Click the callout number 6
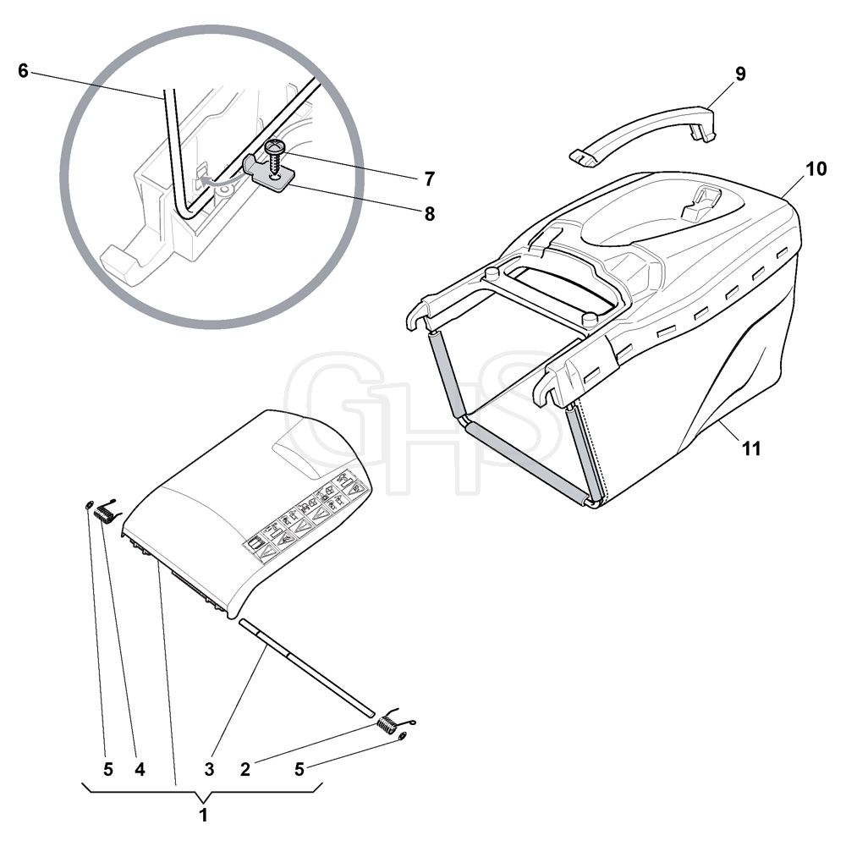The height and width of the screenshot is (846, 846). tap(23, 71)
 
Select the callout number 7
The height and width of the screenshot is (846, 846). tap(429, 179)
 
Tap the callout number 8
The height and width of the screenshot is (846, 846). tap(430, 214)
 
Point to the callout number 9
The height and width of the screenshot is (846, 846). tap(740, 74)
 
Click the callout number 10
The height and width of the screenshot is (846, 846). tap(816, 169)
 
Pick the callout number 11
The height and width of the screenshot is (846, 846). tap(751, 448)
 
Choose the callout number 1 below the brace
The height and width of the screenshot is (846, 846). tap(203, 815)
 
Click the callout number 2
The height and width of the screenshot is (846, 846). tap(245, 769)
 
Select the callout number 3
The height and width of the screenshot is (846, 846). tap(209, 769)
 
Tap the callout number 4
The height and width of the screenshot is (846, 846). tap(140, 769)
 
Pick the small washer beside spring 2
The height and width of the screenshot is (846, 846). tap(403, 736)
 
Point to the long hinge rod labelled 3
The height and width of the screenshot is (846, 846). tap(306, 668)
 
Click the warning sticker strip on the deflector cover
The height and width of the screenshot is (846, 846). tap(308, 517)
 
